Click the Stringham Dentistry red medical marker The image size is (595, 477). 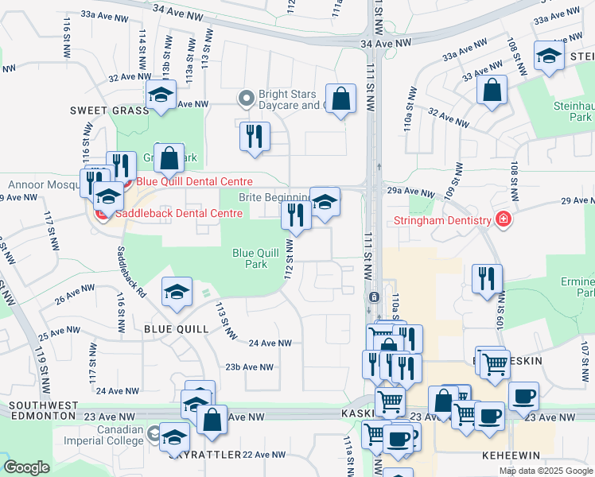coord(502,219)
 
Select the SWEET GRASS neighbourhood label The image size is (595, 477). coord(109,111)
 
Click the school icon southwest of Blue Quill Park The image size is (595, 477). coord(177,291)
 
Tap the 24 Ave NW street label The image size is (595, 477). coord(270,343)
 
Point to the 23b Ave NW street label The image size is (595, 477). coord(250,366)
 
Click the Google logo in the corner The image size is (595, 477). coord(26,467)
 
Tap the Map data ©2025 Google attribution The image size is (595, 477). coord(545,471)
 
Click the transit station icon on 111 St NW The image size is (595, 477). coord(373,297)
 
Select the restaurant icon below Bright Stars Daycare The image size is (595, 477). coord(254,136)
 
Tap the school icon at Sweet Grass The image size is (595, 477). coord(161,95)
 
